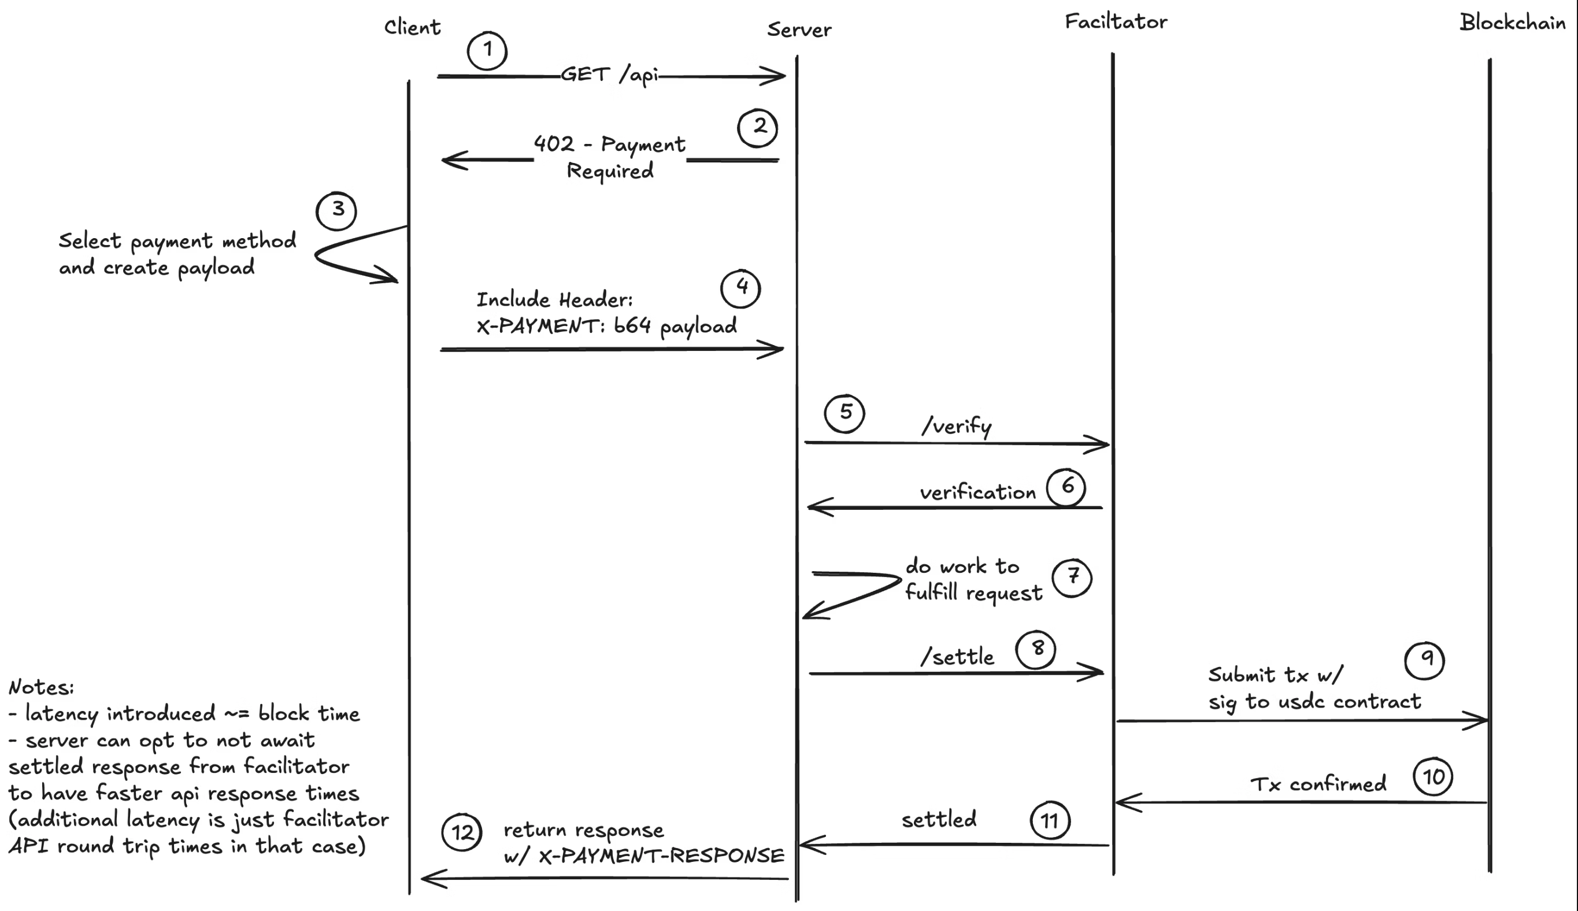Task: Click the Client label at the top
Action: click(412, 27)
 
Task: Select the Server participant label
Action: click(799, 29)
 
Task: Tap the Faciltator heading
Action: click(1116, 22)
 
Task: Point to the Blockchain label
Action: click(1512, 23)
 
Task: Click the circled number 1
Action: click(487, 50)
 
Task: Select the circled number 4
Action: click(740, 288)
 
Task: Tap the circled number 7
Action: click(1072, 577)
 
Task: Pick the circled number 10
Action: click(1432, 776)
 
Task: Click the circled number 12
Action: click(462, 832)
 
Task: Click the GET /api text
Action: click(609, 75)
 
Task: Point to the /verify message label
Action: click(956, 427)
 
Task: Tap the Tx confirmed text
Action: click(1318, 784)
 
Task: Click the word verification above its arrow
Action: click(977, 492)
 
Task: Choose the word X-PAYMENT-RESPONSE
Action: click(661, 856)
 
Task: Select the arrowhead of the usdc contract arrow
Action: click(1480, 720)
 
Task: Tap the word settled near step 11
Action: click(939, 819)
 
